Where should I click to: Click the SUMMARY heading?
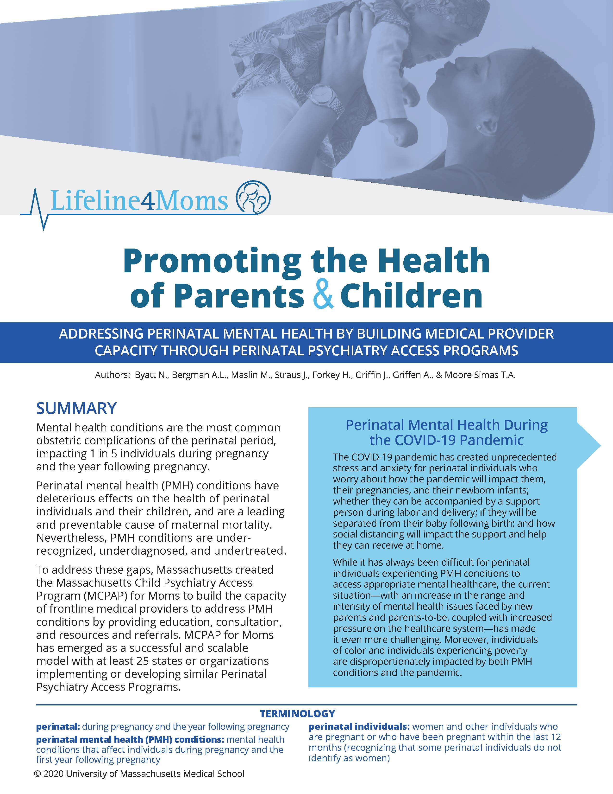click(76, 408)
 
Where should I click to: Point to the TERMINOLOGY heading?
click(297, 714)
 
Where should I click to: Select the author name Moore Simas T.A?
click(480, 375)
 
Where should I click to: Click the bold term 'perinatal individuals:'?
click(359, 727)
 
